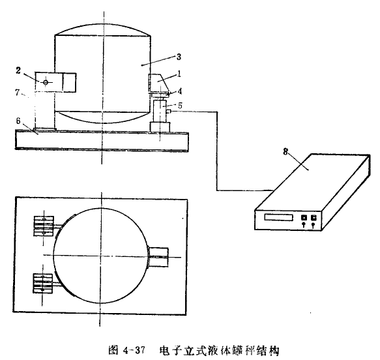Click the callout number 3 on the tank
[x=179, y=57]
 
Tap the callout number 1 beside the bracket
[x=179, y=74]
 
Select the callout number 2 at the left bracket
[x=18, y=70]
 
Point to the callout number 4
[x=180, y=91]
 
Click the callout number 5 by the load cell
[x=180, y=106]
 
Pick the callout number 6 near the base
[x=18, y=121]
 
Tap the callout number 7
[x=17, y=92]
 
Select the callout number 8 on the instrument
[x=285, y=151]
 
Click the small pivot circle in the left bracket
[x=46, y=82]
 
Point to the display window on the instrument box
[x=279, y=217]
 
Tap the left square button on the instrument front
[x=304, y=217]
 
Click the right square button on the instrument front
[x=314, y=217]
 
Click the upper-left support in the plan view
[x=44, y=226]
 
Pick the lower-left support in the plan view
[x=43, y=284]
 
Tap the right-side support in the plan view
[x=158, y=257]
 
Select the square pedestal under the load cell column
[x=160, y=127]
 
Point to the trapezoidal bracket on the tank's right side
[x=158, y=83]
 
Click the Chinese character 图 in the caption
[x=113, y=350]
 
